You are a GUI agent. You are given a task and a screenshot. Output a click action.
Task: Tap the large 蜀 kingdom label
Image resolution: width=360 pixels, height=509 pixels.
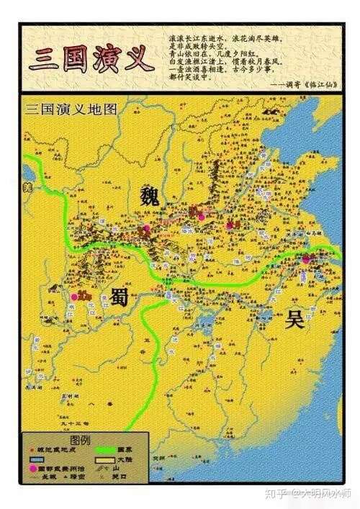click(119, 295)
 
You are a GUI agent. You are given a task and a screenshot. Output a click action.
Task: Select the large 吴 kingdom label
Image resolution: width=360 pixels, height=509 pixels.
click(294, 319)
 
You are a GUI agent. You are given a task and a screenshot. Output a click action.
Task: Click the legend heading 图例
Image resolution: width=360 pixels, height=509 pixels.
click(81, 440)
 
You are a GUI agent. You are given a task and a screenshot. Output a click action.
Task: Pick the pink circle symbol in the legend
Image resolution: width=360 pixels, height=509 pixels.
click(32, 469)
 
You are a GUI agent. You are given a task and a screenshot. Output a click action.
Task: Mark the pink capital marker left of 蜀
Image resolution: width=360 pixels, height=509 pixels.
click(74, 296)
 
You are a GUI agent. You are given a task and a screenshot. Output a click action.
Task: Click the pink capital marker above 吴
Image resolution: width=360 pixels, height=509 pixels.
click(305, 259)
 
